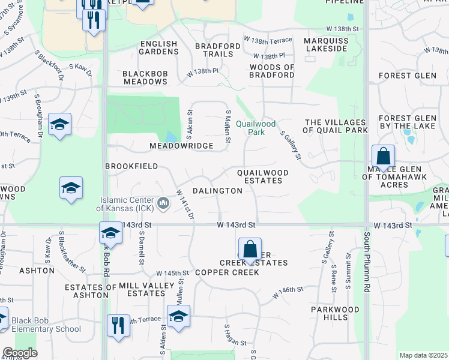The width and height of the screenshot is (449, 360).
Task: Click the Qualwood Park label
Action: (255, 128)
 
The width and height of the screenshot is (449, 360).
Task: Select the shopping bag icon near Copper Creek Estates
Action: (250, 249)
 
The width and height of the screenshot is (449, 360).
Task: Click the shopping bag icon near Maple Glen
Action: (383, 157)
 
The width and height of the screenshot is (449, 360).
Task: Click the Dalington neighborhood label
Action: (217, 191)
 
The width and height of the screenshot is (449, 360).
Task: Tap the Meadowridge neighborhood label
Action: (181, 146)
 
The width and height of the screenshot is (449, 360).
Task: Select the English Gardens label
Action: (158, 48)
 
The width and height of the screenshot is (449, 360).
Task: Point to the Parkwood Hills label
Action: (335, 313)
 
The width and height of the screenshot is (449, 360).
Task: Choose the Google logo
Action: (19, 353)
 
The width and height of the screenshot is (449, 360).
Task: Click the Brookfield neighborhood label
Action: (131, 166)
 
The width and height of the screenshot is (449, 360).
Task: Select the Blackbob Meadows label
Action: (145, 77)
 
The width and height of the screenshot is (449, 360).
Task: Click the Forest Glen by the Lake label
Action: (403, 122)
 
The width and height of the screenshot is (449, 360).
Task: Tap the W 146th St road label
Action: (288, 293)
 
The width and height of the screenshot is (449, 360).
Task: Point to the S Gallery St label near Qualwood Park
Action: (290, 146)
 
